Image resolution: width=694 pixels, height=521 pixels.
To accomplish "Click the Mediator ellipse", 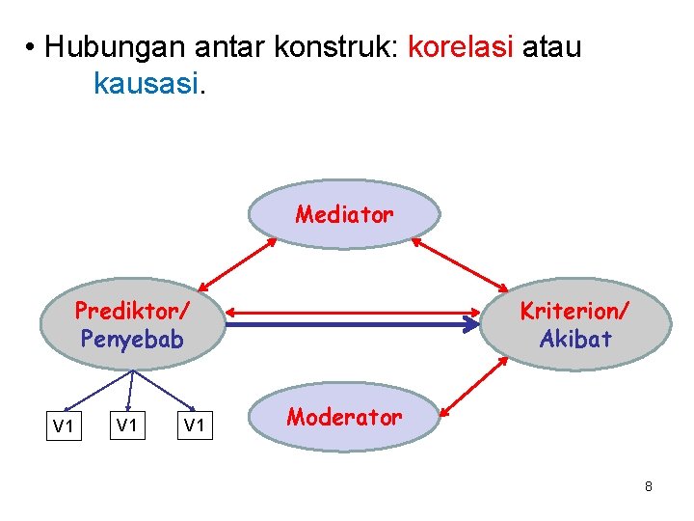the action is click(x=344, y=214).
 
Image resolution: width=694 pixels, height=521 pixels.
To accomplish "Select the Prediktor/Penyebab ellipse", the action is click(x=132, y=325).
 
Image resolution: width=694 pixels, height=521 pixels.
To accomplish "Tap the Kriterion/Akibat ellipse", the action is click(x=574, y=325).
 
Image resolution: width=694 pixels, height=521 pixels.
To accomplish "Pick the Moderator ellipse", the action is click(x=344, y=418).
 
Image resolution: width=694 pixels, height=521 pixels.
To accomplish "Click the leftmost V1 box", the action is click(x=64, y=426).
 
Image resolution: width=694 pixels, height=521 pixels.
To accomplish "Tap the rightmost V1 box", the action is click(x=196, y=426).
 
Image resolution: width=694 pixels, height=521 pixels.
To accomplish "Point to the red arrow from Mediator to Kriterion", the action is click(x=460, y=263).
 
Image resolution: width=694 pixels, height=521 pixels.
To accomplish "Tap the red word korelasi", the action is click(x=461, y=46).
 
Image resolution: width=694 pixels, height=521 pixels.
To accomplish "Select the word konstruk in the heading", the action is click(x=331, y=46).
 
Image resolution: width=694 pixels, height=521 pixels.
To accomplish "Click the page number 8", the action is click(x=649, y=486).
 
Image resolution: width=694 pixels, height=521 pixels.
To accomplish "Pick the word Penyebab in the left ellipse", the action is click(x=132, y=339).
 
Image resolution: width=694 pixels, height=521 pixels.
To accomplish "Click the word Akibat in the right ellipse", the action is click(x=574, y=339).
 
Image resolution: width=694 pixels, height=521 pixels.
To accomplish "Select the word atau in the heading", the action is click(x=552, y=46).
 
